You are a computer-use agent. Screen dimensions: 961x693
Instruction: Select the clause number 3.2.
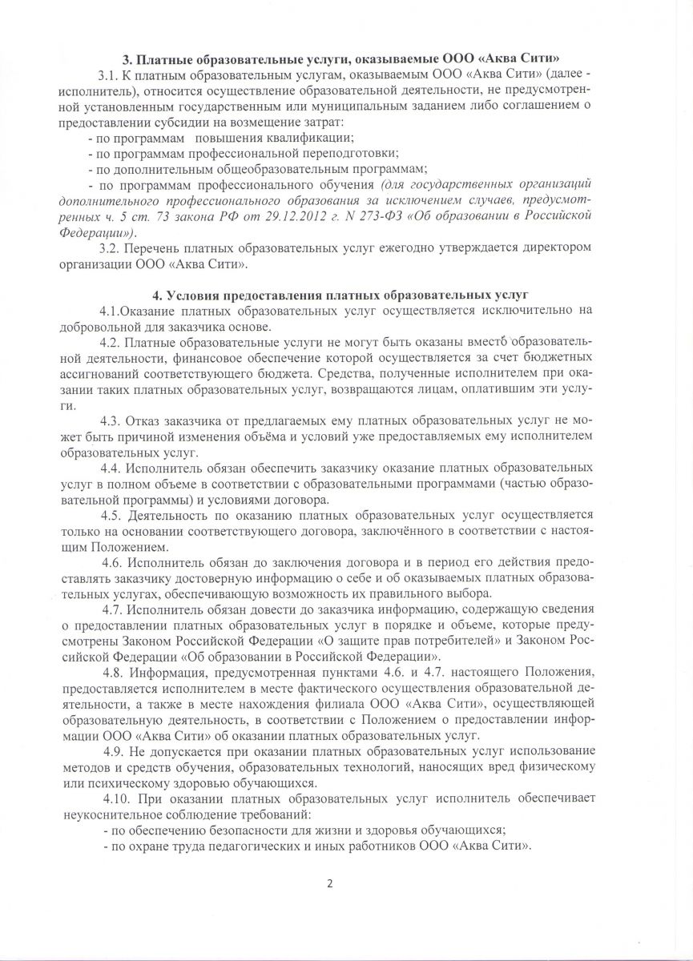pyautogui.click(x=108, y=247)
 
